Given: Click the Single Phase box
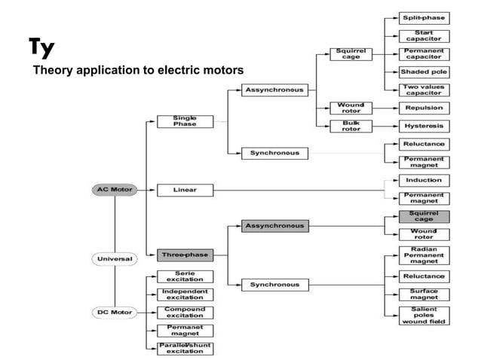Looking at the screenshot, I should [185, 121].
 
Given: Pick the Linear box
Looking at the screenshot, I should [185, 189].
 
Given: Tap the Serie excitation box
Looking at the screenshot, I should [185, 276].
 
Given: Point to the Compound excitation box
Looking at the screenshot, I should [185, 312].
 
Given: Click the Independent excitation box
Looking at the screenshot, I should [185, 294].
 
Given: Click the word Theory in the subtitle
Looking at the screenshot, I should [50, 71].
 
